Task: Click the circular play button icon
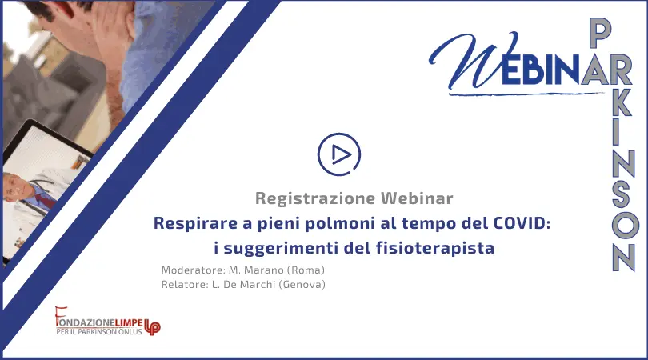tap(339, 154)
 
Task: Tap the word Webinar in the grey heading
tap(417, 198)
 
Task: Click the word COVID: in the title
tap(522, 223)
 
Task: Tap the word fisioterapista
tap(435, 249)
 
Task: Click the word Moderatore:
tap(193, 270)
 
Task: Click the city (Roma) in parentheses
tap(306, 270)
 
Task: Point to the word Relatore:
tap(183, 284)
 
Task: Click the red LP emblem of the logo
tap(152, 327)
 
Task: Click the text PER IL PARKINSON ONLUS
tap(98, 331)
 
